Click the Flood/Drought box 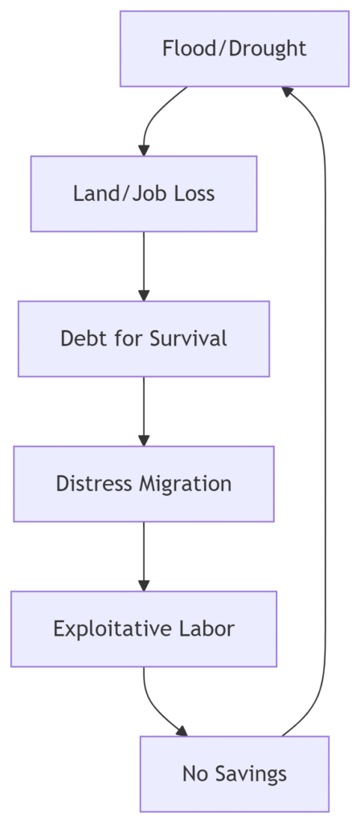click(234, 49)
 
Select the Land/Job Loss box click(144, 194)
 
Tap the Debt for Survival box click(144, 338)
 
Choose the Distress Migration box click(144, 483)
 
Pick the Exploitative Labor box click(144, 629)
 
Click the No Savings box click(234, 774)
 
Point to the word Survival click(188, 338)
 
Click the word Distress click(95, 483)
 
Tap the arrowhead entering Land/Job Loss click(144, 150)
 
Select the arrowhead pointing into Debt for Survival click(144, 295)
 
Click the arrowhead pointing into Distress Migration click(144, 440)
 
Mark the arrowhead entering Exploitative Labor click(144, 585)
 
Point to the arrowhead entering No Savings click(182, 731)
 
